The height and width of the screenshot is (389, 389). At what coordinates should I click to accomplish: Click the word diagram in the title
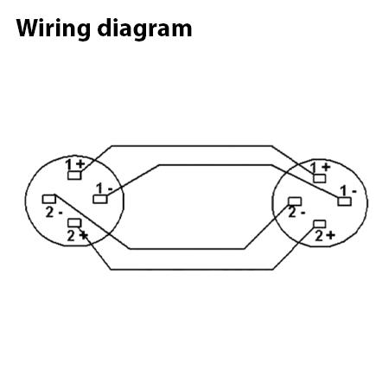point(144,29)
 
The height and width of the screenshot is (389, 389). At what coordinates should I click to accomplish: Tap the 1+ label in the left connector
point(75,164)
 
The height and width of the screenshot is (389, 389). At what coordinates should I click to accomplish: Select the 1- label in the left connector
point(105,188)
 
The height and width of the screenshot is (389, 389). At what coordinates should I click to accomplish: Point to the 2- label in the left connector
point(54,213)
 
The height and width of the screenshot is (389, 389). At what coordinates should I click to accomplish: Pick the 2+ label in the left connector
point(77,236)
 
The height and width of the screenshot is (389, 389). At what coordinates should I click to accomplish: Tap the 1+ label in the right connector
point(320,168)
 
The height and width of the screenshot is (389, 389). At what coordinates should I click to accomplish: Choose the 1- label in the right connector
point(348,191)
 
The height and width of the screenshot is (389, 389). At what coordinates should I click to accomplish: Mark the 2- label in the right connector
point(297,213)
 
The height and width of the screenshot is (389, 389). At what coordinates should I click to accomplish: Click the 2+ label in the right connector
point(325,236)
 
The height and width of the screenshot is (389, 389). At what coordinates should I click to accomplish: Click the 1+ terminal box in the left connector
point(74,175)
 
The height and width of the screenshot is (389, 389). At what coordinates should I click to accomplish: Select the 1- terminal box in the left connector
point(100,199)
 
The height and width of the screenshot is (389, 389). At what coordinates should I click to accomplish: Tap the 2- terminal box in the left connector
point(49,199)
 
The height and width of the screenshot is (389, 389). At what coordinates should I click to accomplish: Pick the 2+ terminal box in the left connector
point(74,223)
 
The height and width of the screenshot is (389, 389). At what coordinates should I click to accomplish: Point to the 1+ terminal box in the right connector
point(319,178)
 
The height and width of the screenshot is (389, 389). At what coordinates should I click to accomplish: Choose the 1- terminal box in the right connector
point(344,201)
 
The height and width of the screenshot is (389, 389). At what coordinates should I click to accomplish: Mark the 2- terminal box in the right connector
point(295,201)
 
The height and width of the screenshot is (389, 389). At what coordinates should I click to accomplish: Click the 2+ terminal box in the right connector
point(319,224)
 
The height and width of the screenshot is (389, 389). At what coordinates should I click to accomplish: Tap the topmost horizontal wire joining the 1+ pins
point(192,146)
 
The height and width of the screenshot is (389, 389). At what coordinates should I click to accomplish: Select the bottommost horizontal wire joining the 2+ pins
point(192,270)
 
